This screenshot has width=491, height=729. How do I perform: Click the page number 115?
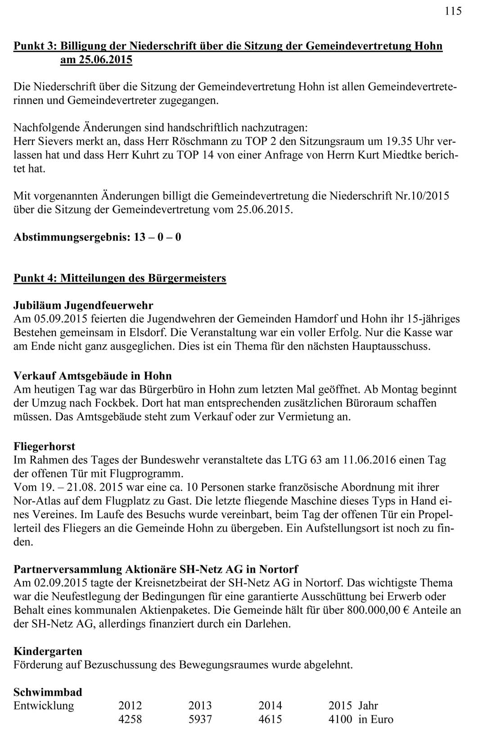click(x=453, y=11)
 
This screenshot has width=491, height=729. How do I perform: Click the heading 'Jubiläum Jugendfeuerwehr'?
click(x=83, y=306)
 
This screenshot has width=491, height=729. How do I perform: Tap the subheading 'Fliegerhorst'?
click(x=44, y=446)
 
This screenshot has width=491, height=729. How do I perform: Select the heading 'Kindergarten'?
click(x=48, y=651)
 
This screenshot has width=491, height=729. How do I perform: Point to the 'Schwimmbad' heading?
click(x=48, y=692)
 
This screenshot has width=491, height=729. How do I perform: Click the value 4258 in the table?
click(x=130, y=719)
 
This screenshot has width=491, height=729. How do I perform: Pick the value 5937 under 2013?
click(x=200, y=719)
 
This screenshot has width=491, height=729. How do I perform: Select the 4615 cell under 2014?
click(x=270, y=719)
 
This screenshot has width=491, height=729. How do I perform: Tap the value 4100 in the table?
click(x=340, y=719)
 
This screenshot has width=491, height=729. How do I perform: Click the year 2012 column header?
click(x=130, y=706)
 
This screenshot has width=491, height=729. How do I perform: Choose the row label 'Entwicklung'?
click(x=44, y=706)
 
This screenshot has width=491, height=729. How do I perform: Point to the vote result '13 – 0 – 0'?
click(x=158, y=237)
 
